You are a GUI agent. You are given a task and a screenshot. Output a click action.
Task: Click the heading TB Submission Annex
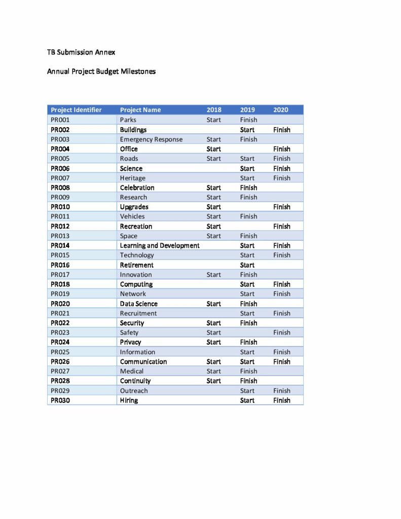coord(81,52)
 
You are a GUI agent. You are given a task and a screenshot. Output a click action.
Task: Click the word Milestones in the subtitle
coord(138,71)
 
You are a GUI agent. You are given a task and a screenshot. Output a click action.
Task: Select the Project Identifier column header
coord(76,110)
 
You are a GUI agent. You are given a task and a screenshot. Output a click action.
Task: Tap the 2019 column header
coord(247,110)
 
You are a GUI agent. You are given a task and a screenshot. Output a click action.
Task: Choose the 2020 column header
coord(280,110)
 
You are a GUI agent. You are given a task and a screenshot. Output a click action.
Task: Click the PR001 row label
coord(60,120)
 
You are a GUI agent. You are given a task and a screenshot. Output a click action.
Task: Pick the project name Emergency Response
coord(151,139)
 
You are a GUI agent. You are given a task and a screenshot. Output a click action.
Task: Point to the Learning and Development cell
coord(160,246)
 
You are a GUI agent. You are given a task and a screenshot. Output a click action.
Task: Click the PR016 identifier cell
coord(60,265)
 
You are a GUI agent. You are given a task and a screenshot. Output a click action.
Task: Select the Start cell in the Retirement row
coord(247,265)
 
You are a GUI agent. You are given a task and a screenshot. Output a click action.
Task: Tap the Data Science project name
coord(138,304)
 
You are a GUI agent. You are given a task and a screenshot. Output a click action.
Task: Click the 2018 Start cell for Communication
coord(214,362)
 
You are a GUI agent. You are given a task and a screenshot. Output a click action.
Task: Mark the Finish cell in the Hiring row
coord(282,400)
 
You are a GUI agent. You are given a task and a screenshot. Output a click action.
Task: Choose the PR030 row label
coord(60,400)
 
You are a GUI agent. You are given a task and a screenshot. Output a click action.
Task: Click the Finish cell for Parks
coord(248,120)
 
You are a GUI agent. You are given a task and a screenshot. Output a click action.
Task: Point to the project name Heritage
coord(132,178)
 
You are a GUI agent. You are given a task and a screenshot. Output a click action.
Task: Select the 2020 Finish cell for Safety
coord(282,333)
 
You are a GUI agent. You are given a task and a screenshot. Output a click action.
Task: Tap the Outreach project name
coord(134,391)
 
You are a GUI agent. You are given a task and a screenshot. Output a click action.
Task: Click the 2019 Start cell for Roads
coord(247,159)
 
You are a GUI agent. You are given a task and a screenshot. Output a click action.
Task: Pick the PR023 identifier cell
coord(60,333)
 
